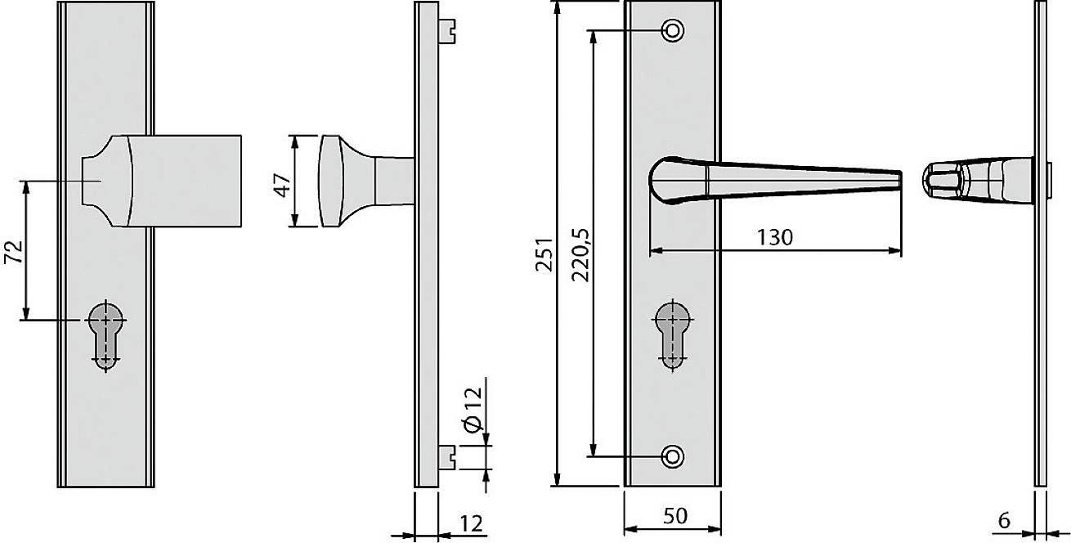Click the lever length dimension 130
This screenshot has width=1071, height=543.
[x=774, y=238]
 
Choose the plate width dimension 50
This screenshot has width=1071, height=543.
[x=674, y=517]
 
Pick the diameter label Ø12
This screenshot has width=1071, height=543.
[x=473, y=411]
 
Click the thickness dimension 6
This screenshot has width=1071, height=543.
[x=1004, y=520]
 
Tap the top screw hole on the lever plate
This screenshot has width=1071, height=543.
[x=673, y=31]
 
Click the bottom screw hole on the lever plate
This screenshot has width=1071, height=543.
[x=673, y=456]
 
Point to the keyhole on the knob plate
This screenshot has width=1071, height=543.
[x=104, y=334]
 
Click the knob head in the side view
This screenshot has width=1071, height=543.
[x=334, y=180]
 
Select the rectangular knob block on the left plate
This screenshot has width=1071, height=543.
[x=186, y=180]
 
